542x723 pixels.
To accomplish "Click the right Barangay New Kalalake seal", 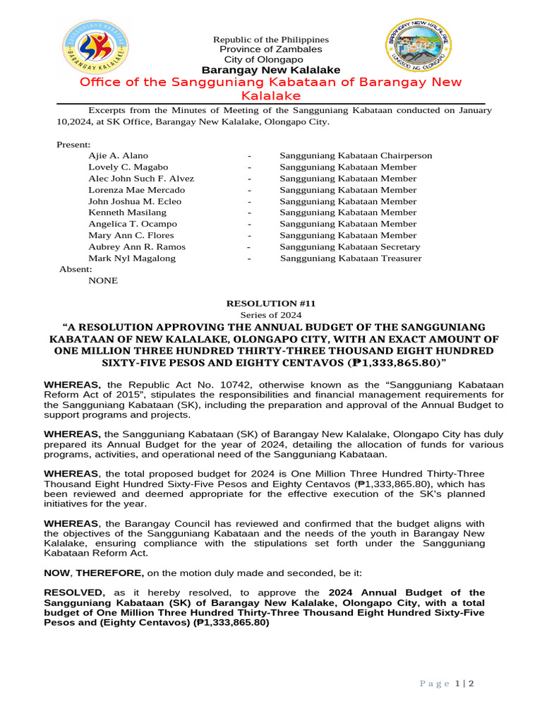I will [x=419, y=47].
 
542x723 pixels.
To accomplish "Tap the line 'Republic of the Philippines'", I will [x=271, y=40].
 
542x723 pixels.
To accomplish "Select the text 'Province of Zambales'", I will [x=271, y=49].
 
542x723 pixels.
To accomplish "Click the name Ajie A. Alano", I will [x=118, y=155].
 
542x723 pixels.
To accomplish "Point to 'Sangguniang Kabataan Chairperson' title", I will [x=356, y=155].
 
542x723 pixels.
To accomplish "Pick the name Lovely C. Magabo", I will [x=124, y=167].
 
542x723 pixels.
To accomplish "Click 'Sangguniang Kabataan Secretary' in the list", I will [x=349, y=246].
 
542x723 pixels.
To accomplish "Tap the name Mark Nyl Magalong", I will [x=132, y=258].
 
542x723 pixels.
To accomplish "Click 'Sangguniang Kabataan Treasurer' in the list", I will [x=351, y=258].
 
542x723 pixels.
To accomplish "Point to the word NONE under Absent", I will [x=103, y=280].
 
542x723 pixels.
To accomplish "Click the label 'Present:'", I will [x=73, y=144].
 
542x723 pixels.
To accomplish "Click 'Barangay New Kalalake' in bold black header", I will [x=271, y=70].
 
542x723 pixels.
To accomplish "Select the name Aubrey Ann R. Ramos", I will [x=137, y=246].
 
